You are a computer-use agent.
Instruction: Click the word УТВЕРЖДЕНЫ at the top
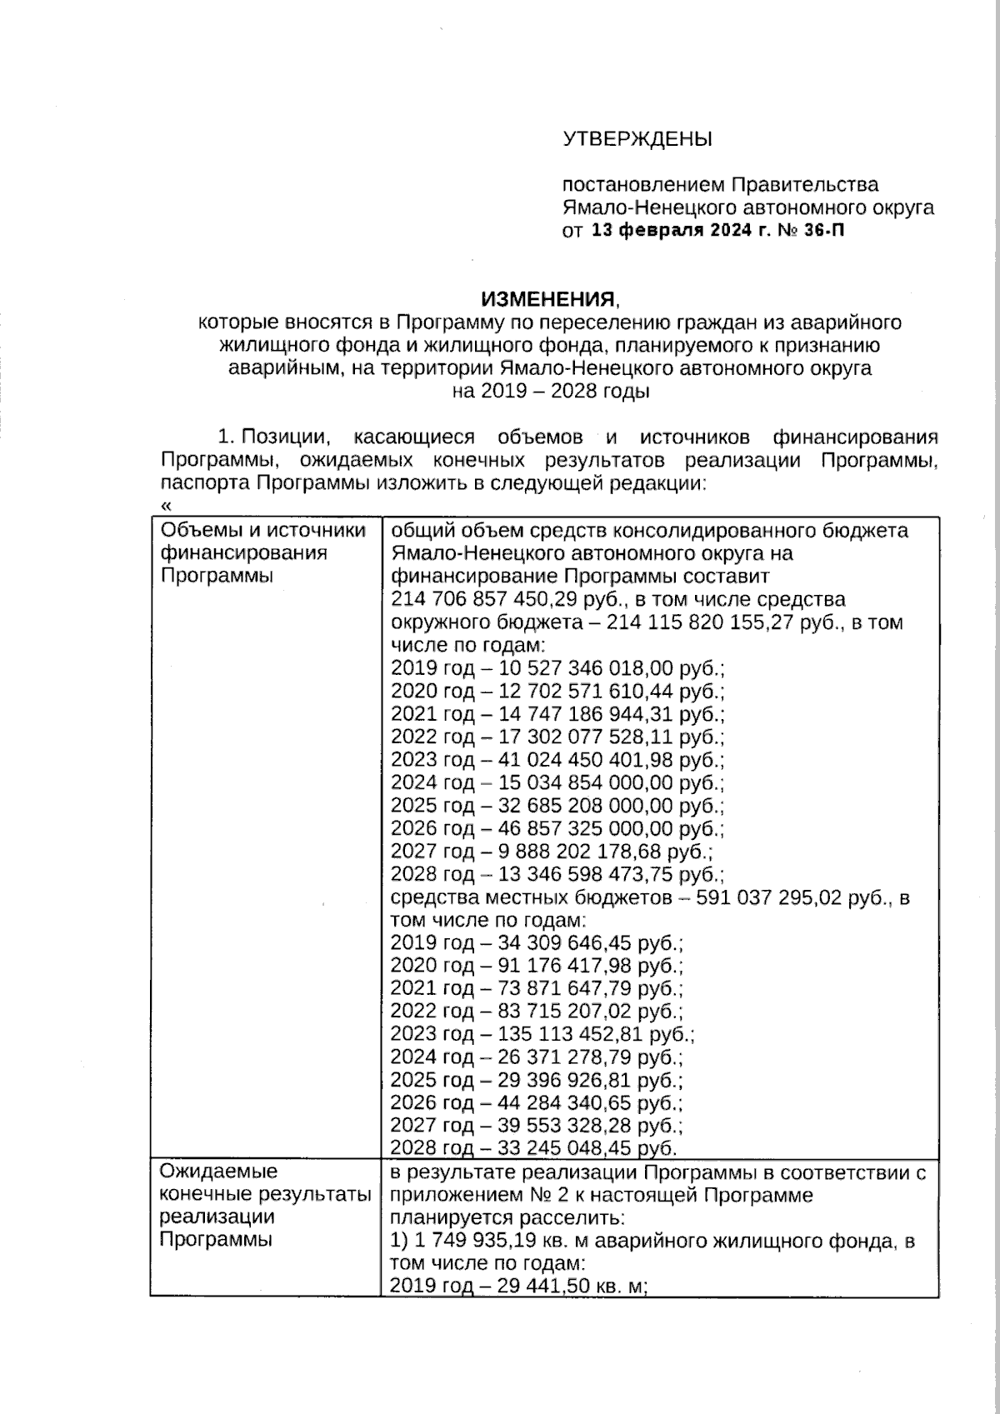(x=637, y=139)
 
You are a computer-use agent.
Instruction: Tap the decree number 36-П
(x=824, y=231)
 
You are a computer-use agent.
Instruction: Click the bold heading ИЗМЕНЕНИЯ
(x=550, y=299)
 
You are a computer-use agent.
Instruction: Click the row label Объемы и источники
(x=262, y=531)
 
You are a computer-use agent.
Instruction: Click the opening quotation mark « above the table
(x=164, y=505)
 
